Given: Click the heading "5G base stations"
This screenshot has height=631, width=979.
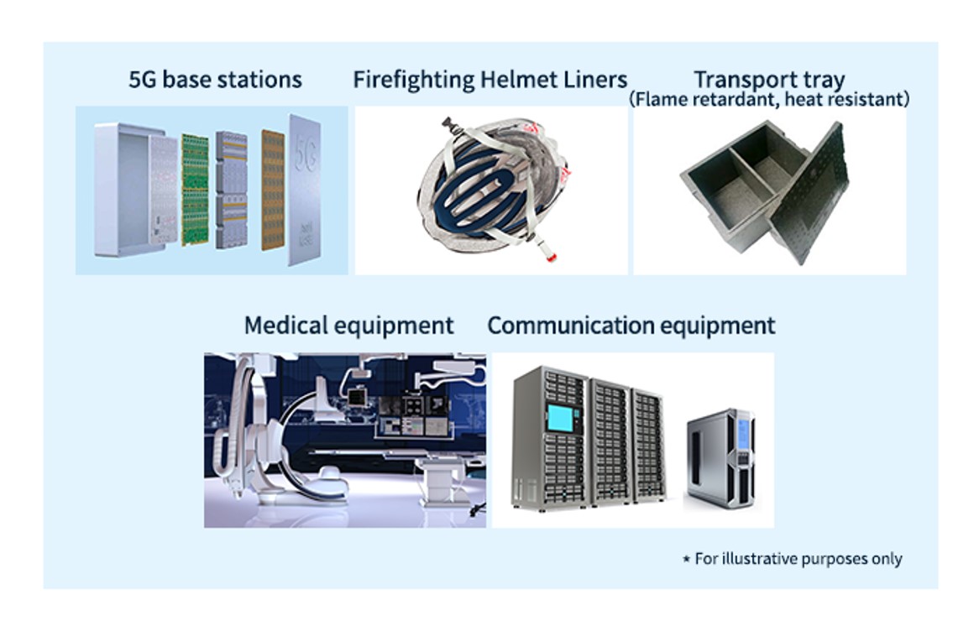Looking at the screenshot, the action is pos(216,80).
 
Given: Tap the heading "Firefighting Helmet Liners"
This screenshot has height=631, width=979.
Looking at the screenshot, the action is pos(490,80).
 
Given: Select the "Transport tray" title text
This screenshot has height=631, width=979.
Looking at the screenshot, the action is pos(769,79).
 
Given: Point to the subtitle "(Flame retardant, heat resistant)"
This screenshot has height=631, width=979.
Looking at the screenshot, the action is pos(769,99).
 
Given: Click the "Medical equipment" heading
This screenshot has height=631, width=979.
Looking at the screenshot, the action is pos(348,326).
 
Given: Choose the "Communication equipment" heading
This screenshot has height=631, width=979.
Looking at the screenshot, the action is pos(631,326).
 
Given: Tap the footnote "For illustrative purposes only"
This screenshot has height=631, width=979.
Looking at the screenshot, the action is pos(798,559).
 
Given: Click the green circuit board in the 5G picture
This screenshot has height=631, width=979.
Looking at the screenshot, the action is pos(195,190).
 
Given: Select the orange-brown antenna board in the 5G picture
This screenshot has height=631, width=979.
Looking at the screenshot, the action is pos(273,190).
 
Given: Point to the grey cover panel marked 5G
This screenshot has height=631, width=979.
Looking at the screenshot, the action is pos(305,190).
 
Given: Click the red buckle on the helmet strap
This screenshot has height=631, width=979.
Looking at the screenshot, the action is pos(550,256).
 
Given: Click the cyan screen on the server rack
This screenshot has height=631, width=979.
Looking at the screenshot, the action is pos(561,418).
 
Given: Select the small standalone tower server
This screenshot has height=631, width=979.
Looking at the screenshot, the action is pos(720,459).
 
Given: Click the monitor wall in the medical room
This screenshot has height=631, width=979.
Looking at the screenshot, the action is pos(412,415).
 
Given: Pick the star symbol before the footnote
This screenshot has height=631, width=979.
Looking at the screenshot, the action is pos(686,559).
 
